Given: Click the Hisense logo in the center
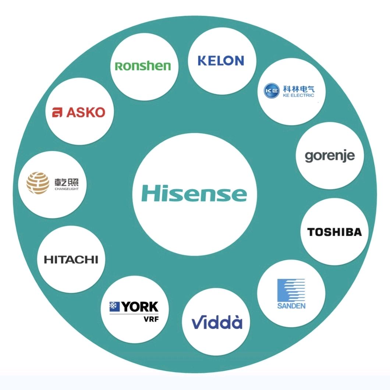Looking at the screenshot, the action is tap(194, 193).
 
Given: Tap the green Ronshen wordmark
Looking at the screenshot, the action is tap(143, 66).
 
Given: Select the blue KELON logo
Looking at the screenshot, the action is tap(221, 61).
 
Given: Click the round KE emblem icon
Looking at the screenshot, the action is tap(272, 91).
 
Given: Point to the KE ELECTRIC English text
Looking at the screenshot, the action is tap(298, 95).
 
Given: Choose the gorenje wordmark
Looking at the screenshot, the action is tap(330, 156).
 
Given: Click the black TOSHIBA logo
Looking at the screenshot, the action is tap(334, 232).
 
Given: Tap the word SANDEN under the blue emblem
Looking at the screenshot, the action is tap(291, 305).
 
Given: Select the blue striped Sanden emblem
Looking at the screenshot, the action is tap(291, 290).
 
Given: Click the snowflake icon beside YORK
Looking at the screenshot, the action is tap(114, 306).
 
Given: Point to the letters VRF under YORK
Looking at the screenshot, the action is tap(151, 319).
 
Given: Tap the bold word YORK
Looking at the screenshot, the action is tap(140, 307).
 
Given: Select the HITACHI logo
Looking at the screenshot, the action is tap(71, 260).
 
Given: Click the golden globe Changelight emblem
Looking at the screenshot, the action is tap(38, 183).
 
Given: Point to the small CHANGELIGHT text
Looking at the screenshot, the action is tap(67, 189).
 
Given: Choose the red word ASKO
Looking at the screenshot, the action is tap(86, 113).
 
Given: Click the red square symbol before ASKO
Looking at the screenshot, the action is tap(57, 113).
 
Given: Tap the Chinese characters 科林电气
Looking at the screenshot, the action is tap(298, 89).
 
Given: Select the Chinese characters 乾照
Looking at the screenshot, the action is tap(67, 182).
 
